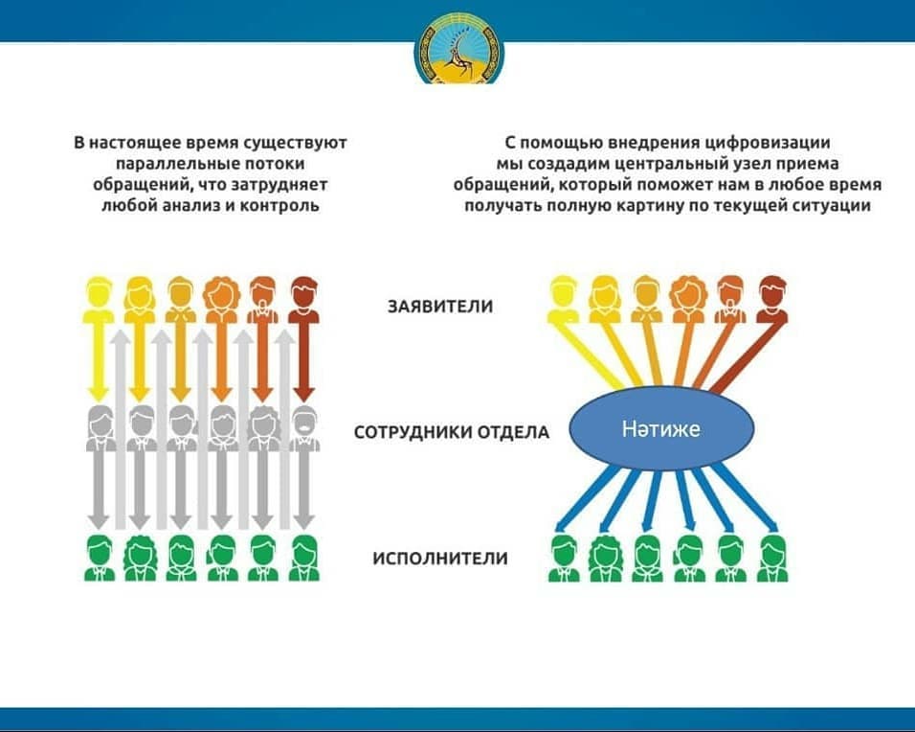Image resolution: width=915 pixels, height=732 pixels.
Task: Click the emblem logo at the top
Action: [x=459, y=50]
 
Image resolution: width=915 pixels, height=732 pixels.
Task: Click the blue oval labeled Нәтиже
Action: [x=661, y=429]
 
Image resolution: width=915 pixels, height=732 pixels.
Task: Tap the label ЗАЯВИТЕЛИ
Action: [x=440, y=307]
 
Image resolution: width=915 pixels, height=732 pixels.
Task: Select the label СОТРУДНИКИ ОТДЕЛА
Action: [x=452, y=432]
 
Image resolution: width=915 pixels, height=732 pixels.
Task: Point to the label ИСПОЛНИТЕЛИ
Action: [x=440, y=559]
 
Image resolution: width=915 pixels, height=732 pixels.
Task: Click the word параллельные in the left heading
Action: [x=179, y=164]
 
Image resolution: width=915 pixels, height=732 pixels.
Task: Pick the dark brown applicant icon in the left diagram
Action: [x=304, y=300]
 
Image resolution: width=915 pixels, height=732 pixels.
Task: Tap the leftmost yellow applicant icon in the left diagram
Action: [x=100, y=300]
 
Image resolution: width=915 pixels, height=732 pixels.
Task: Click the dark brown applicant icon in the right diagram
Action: [x=772, y=300]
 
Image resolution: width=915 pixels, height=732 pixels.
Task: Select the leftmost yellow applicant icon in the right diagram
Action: [x=563, y=300]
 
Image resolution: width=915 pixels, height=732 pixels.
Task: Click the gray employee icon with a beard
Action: [x=304, y=428]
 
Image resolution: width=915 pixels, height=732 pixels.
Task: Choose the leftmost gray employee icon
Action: [x=100, y=428]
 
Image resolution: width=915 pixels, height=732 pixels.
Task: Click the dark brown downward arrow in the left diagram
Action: [x=303, y=362]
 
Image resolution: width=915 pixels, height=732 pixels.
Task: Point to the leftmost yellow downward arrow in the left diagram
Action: [x=99, y=362]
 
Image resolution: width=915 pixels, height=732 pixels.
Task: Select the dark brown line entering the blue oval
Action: [x=746, y=357]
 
